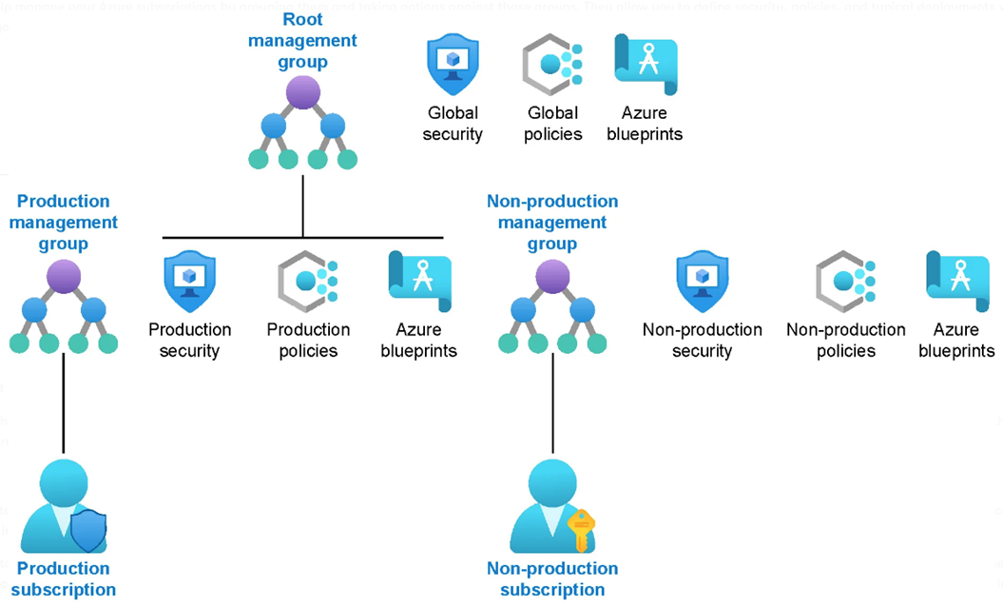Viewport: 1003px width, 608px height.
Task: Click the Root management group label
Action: pyautogui.click(x=303, y=41)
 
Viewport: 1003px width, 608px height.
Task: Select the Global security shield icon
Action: pyautogui.click(x=452, y=64)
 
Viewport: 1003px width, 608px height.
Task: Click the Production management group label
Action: pyautogui.click(x=64, y=222)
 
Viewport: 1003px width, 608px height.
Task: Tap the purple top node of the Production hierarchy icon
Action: pyautogui.click(x=64, y=279)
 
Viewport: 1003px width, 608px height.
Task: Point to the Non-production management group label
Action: pyautogui.click(x=552, y=222)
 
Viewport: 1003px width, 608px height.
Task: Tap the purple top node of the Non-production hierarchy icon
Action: pyautogui.click(x=552, y=279)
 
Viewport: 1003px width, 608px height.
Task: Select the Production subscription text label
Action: pyautogui.click(x=64, y=579)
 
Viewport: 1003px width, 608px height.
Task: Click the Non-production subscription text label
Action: pyautogui.click(x=552, y=579)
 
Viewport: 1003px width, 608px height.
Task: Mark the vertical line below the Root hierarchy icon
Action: pyautogui.click(x=303, y=205)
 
